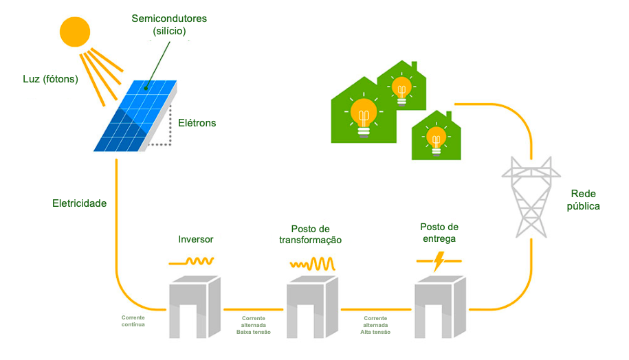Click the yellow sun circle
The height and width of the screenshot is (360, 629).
[x=75, y=32]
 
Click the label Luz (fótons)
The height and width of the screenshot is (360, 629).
[x=50, y=79]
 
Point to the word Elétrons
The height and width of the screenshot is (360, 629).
[x=197, y=123]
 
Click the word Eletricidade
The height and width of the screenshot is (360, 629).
[x=80, y=203]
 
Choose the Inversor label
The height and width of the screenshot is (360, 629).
[x=195, y=240]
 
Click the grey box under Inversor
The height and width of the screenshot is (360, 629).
[x=194, y=305]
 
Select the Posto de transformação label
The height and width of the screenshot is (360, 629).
[x=310, y=234]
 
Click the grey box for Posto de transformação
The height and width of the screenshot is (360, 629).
[x=312, y=305]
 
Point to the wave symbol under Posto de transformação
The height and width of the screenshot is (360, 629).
[x=311, y=263]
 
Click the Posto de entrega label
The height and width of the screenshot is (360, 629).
[x=439, y=233]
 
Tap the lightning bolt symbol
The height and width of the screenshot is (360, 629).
[x=439, y=260]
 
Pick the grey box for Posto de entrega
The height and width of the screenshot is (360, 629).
[x=440, y=305]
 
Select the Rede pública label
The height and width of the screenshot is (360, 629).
[x=585, y=199]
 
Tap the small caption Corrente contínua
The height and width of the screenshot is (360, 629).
[x=133, y=322]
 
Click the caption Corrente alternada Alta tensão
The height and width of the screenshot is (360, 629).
[x=375, y=325]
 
